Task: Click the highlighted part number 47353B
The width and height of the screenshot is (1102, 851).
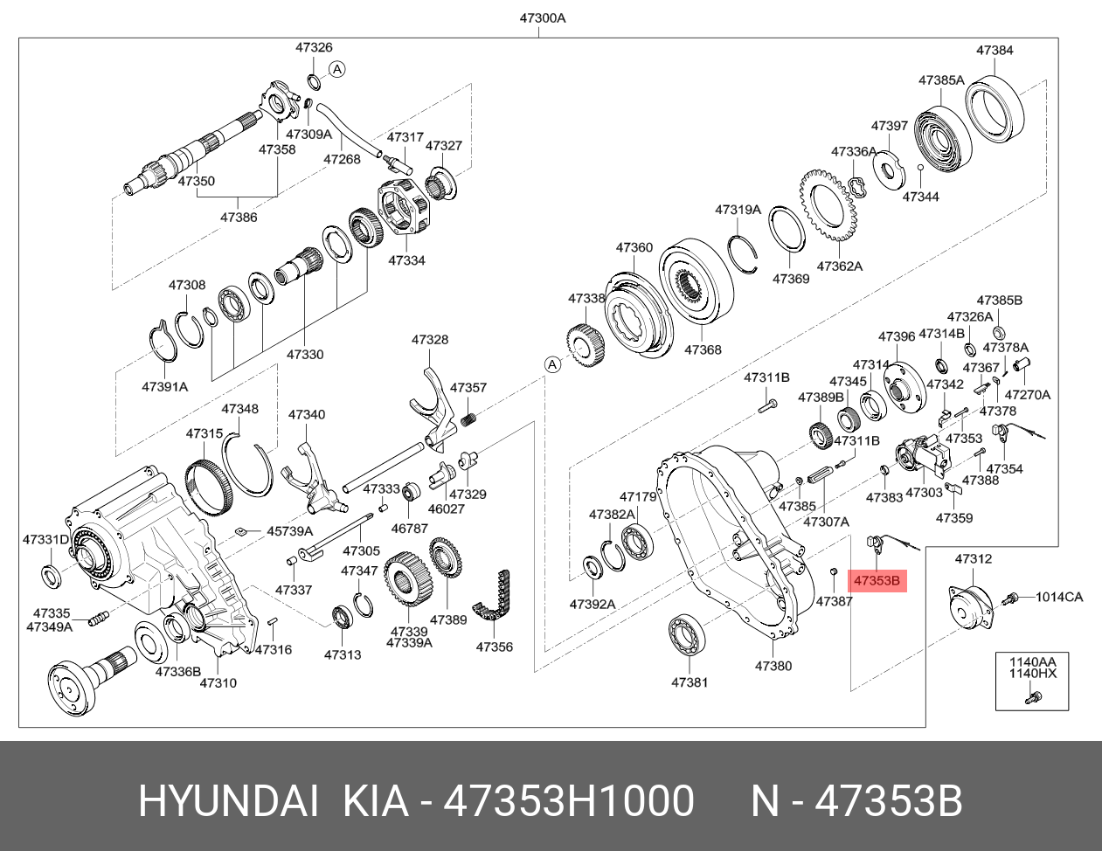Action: click(x=880, y=581)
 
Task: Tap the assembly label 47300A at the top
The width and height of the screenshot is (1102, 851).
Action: click(x=538, y=17)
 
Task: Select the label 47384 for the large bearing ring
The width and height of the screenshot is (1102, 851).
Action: click(x=994, y=51)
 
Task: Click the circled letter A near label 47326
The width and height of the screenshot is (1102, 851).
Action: click(x=338, y=69)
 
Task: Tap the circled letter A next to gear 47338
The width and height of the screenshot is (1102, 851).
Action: click(x=551, y=364)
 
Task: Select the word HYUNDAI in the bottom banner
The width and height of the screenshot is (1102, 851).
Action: click(x=226, y=801)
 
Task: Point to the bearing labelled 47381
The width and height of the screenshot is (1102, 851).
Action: click(x=688, y=634)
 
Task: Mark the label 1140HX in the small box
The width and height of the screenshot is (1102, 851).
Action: click(x=1034, y=674)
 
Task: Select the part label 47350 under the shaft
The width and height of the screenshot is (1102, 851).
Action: click(x=196, y=182)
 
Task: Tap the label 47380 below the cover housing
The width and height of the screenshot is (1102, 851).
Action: click(x=773, y=666)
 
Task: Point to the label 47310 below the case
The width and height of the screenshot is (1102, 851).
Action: click(x=218, y=682)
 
